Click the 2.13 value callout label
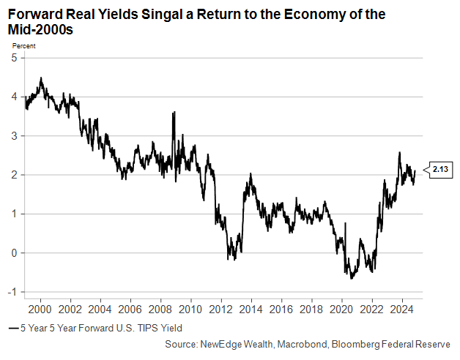click(x=440, y=169)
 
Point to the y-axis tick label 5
click(x=13, y=58)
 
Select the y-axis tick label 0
click(x=13, y=253)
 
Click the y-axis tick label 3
click(x=13, y=136)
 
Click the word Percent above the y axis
click(x=23, y=46)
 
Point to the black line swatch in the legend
click(x=12, y=329)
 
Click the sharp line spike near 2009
click(x=174, y=113)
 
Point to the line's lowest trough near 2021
click(x=351, y=279)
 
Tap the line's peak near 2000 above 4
click(x=40, y=78)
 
